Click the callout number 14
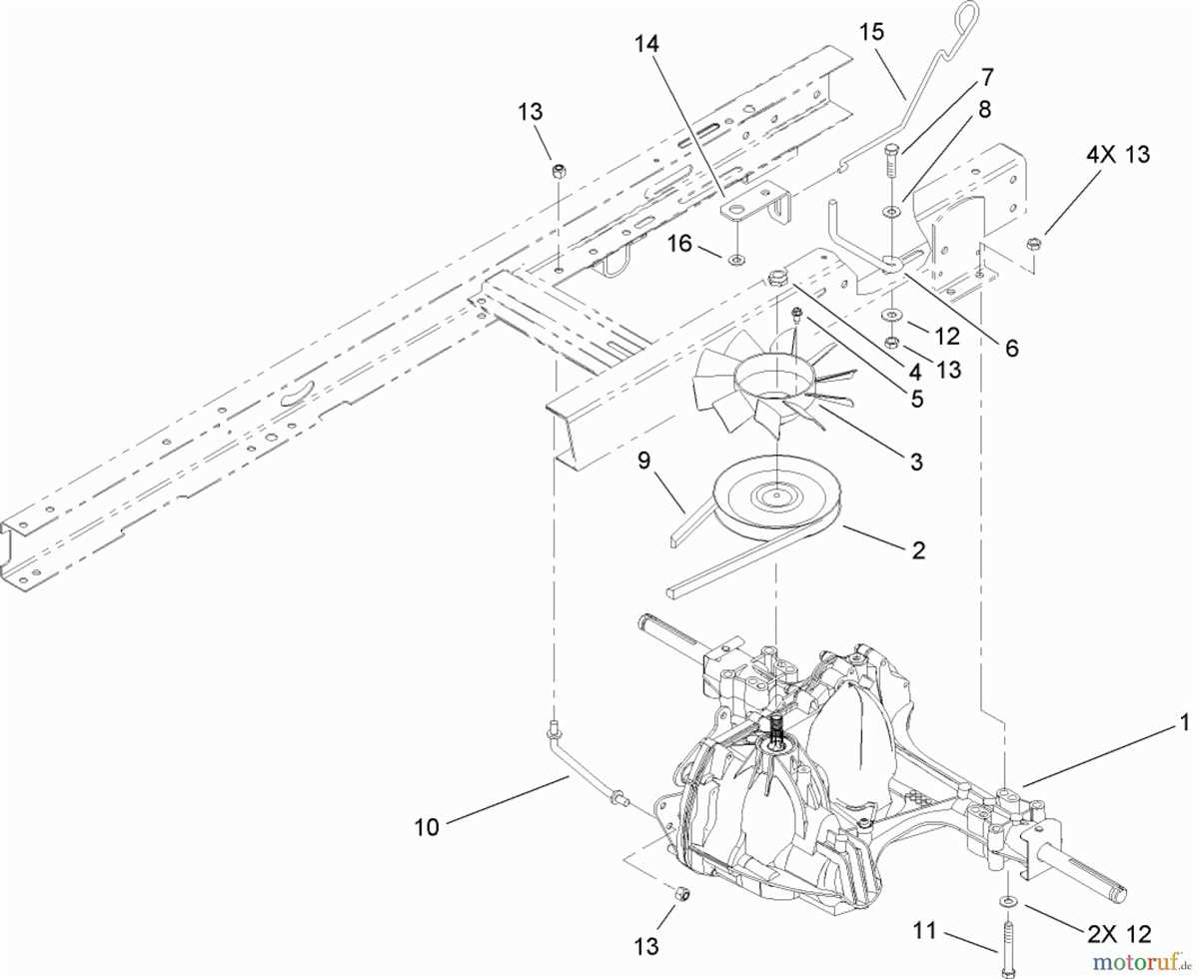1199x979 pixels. (647, 43)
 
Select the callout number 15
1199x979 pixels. (872, 31)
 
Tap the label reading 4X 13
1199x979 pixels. (1115, 155)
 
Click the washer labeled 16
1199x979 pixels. (734, 261)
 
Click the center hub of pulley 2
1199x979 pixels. (774, 494)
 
